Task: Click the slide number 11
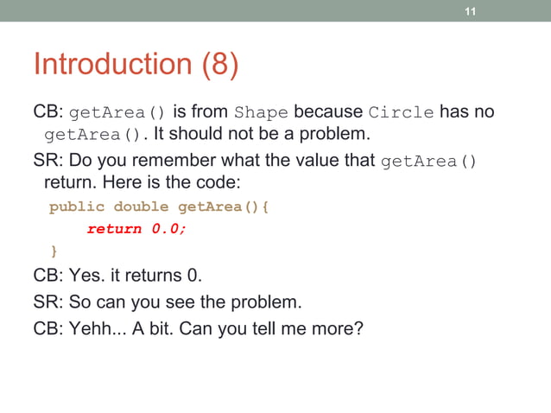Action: click(x=471, y=11)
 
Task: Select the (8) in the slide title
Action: click(x=220, y=65)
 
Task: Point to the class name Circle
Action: click(x=402, y=113)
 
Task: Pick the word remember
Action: click(x=178, y=160)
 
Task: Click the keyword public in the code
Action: click(x=77, y=207)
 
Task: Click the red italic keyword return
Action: click(x=114, y=229)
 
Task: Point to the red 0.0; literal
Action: click(x=168, y=229)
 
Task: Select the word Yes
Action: click(x=86, y=276)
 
